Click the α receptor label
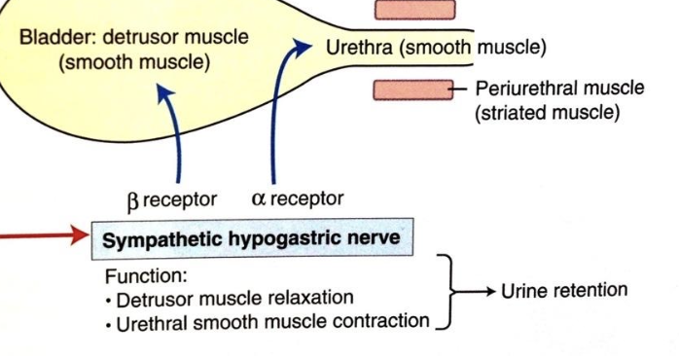tap(297, 198)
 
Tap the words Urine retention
tap(564, 290)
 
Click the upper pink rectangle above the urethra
tap(414, 10)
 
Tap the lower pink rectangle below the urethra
tap(414, 90)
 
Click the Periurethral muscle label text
tap(559, 89)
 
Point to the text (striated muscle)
tap(547, 113)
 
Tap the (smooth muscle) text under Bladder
tap(133, 63)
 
